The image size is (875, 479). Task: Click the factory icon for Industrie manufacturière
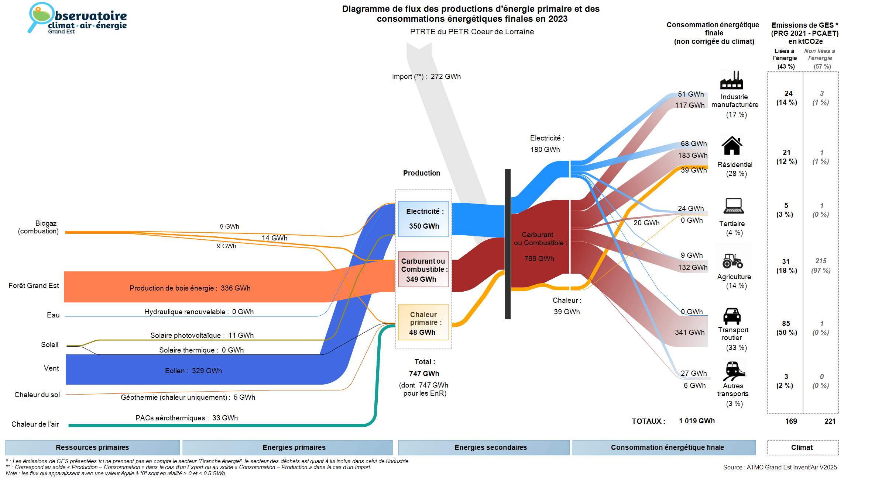[x=731, y=80]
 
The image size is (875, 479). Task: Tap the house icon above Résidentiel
[x=732, y=146]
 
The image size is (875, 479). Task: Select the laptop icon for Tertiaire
[x=733, y=206]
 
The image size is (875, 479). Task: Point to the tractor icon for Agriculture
[x=732, y=261]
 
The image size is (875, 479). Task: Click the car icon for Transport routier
[x=732, y=316]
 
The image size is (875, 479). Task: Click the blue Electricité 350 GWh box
[x=423, y=219]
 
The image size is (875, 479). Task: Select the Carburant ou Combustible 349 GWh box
[x=423, y=270]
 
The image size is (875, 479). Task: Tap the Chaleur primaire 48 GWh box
[x=423, y=323]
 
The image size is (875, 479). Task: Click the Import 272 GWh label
[x=426, y=77]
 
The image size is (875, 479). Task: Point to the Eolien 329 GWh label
[x=193, y=371]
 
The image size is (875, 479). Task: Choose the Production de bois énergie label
[x=190, y=288]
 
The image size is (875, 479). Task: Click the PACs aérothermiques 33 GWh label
[x=186, y=418]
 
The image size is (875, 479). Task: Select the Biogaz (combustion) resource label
[x=38, y=227]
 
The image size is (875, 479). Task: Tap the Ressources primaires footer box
[x=92, y=447]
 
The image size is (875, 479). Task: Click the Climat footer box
[x=802, y=447]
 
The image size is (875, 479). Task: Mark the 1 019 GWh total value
[x=697, y=421]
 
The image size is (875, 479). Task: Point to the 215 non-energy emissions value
[x=821, y=261]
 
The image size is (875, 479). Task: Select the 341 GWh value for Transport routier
[x=690, y=332]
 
